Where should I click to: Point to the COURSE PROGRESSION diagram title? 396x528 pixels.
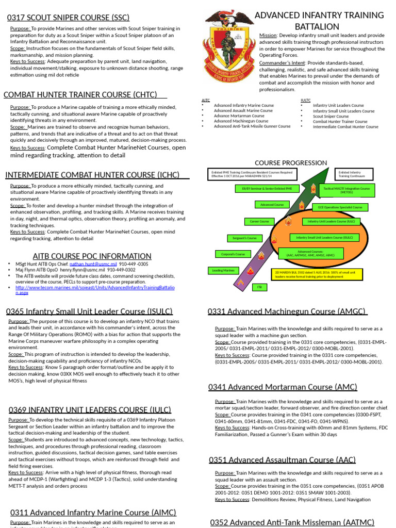click(291, 163)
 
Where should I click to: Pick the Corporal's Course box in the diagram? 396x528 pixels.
click(233, 254)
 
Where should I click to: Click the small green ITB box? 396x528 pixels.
click(259, 287)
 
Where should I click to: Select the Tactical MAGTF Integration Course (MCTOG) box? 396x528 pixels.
click(346, 190)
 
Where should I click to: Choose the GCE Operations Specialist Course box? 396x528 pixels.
click(340, 207)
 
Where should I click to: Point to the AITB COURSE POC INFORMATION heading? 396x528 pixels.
click(92, 256)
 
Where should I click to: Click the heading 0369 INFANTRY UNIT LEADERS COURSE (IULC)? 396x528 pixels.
click(90, 410)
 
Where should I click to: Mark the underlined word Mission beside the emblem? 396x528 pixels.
click(268, 36)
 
